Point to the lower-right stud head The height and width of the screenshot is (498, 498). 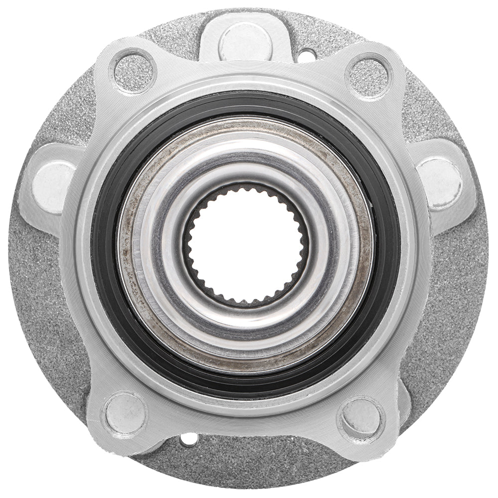pyautogui.click(x=362, y=416)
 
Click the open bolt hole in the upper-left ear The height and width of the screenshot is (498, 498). pyautogui.click(x=133, y=73)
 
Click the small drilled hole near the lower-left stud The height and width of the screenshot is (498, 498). pyautogui.click(x=189, y=440)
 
